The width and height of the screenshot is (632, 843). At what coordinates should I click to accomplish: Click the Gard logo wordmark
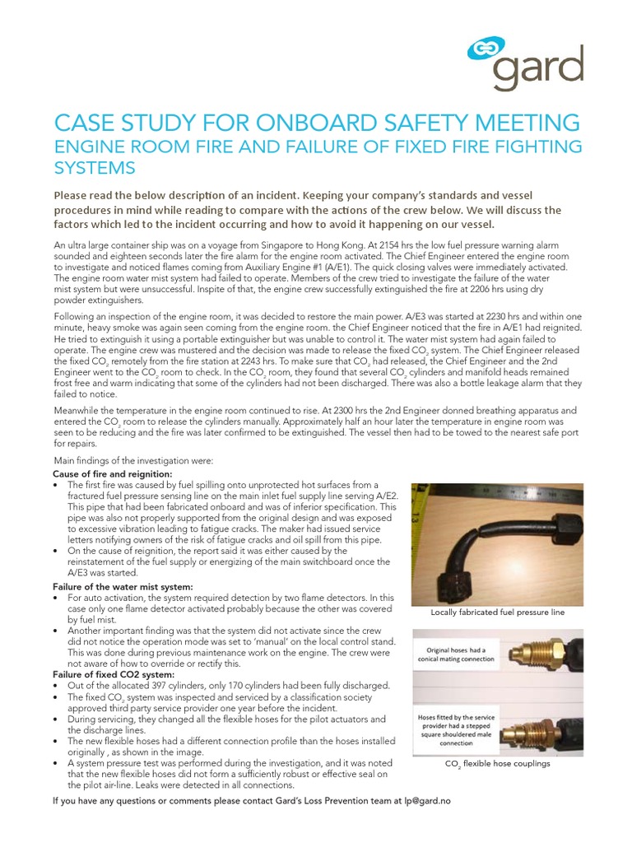pos(538,69)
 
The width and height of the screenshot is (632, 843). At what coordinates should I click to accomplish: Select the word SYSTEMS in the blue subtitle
pos(93,168)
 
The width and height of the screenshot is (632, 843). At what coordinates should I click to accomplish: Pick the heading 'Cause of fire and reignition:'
pos(112,474)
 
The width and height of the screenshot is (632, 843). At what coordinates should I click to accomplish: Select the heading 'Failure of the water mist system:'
pos(123,585)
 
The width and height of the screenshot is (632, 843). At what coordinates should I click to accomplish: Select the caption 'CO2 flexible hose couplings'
pos(498,763)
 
